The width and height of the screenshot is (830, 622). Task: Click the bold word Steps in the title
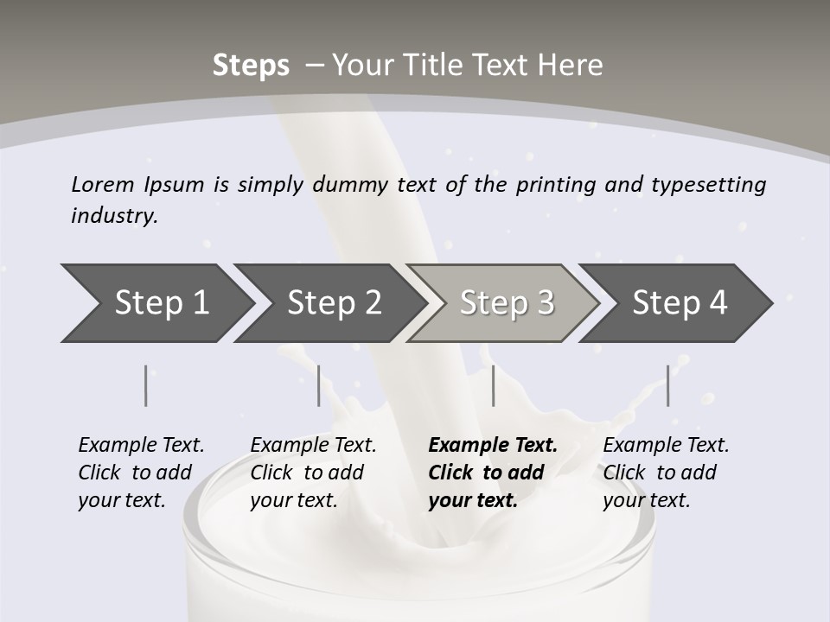(251, 66)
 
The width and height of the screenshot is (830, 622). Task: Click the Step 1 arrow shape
(160, 303)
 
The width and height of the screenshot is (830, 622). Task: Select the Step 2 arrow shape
(333, 303)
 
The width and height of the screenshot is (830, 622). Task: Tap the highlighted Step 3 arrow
(506, 303)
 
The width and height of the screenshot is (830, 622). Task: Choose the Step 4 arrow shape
(679, 303)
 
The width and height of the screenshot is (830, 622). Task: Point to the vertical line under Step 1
(146, 386)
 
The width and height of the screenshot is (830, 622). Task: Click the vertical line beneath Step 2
(319, 386)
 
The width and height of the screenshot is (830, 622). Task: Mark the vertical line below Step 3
(493, 386)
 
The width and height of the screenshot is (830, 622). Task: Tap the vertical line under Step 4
(667, 386)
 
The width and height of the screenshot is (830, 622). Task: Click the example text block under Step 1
(141, 473)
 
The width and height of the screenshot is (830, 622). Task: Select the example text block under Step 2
(313, 473)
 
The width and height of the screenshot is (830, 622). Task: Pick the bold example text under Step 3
(492, 473)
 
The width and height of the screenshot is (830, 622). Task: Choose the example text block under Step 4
(666, 473)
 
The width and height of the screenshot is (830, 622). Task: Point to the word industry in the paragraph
(114, 216)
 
